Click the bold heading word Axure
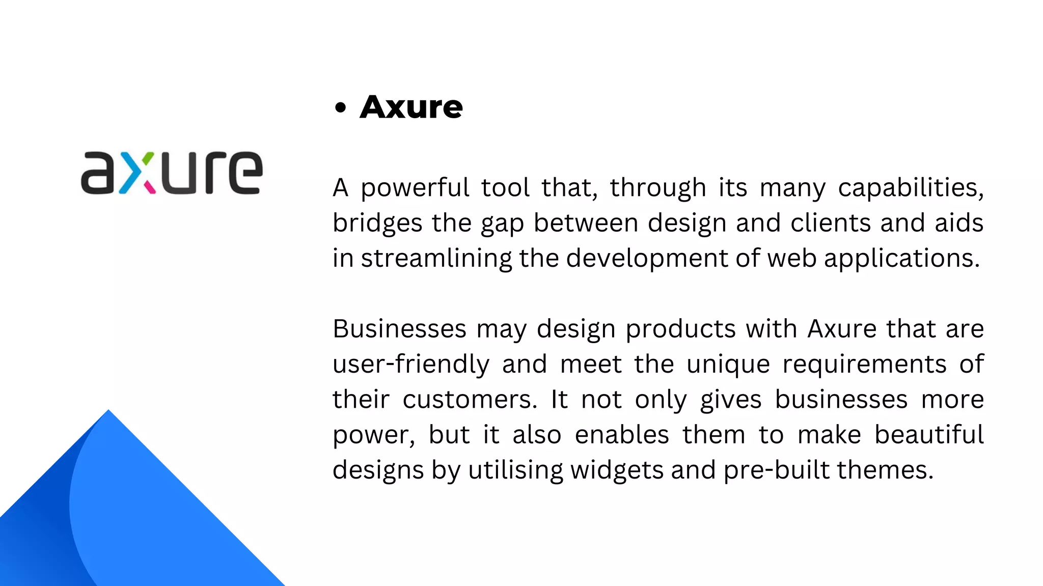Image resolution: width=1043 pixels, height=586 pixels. click(x=411, y=107)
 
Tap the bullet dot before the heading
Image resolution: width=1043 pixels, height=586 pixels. click(x=341, y=108)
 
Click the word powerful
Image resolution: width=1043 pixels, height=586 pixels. click(x=415, y=188)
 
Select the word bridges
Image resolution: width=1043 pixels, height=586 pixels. click(x=377, y=224)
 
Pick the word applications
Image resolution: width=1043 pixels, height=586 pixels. click(x=901, y=259)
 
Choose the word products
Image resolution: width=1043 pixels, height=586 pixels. click(x=680, y=329)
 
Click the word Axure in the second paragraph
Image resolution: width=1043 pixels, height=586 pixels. click(x=842, y=329)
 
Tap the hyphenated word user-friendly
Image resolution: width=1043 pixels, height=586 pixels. click(x=411, y=365)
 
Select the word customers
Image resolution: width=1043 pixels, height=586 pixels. click(x=470, y=400)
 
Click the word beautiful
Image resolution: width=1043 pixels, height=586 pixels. click(x=929, y=435)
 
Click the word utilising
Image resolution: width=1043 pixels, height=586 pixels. click(x=515, y=470)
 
